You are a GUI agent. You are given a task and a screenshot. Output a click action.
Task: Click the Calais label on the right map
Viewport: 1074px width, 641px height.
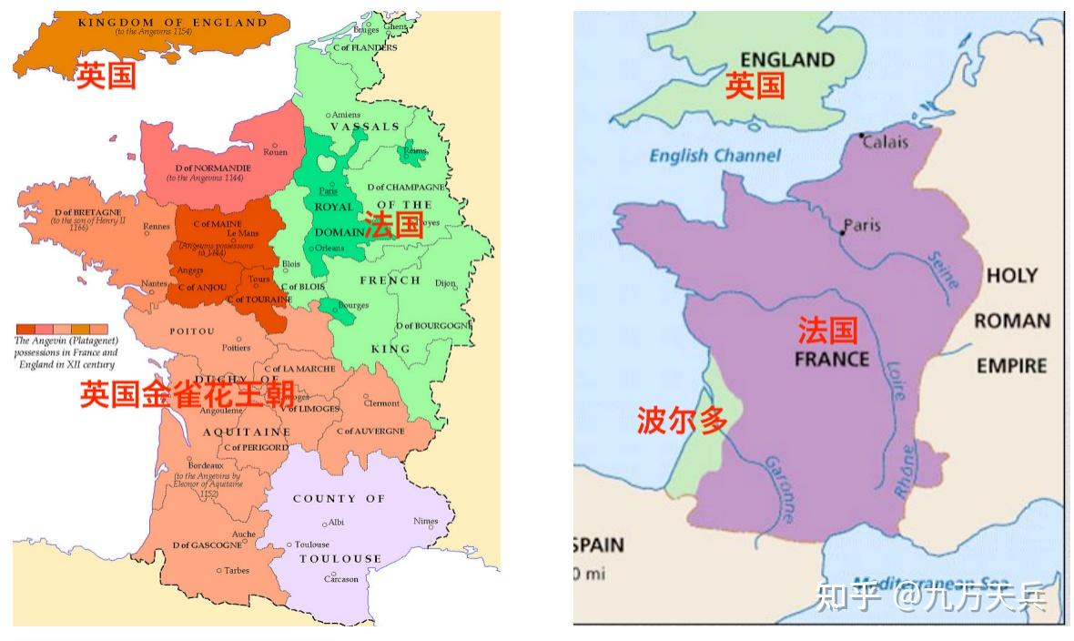tap(886, 143)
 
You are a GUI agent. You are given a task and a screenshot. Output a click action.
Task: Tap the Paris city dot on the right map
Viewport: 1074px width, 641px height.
tap(843, 233)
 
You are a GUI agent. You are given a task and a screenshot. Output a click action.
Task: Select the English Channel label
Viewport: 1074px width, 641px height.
tap(714, 156)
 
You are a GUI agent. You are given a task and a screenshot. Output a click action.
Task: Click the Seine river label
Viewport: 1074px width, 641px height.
tap(943, 270)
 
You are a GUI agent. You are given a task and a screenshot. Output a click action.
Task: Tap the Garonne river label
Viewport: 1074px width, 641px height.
tap(779, 488)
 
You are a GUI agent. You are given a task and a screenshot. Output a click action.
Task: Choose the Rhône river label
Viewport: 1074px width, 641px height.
tap(906, 471)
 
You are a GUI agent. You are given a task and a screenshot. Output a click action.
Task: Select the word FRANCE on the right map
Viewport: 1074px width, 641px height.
tap(832, 358)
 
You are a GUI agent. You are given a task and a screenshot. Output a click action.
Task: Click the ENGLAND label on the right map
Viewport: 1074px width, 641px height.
tap(788, 60)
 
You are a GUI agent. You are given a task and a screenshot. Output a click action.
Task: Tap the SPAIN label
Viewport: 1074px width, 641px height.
tap(599, 545)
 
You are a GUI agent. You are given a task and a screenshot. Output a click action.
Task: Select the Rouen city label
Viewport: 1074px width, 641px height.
tap(275, 152)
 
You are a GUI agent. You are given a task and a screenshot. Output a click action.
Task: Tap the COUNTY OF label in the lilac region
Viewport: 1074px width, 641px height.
tap(339, 499)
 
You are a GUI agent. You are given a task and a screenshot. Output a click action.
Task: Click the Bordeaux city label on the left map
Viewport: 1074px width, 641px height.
tap(206, 465)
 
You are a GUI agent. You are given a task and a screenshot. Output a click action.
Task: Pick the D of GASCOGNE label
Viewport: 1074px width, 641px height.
tap(207, 545)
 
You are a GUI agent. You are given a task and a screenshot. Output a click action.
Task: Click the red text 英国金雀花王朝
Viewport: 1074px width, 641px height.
tap(187, 394)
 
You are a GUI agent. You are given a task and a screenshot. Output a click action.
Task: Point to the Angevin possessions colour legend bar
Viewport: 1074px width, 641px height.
tap(62, 330)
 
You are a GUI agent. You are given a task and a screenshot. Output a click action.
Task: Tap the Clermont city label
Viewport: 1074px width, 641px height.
tap(381, 402)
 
